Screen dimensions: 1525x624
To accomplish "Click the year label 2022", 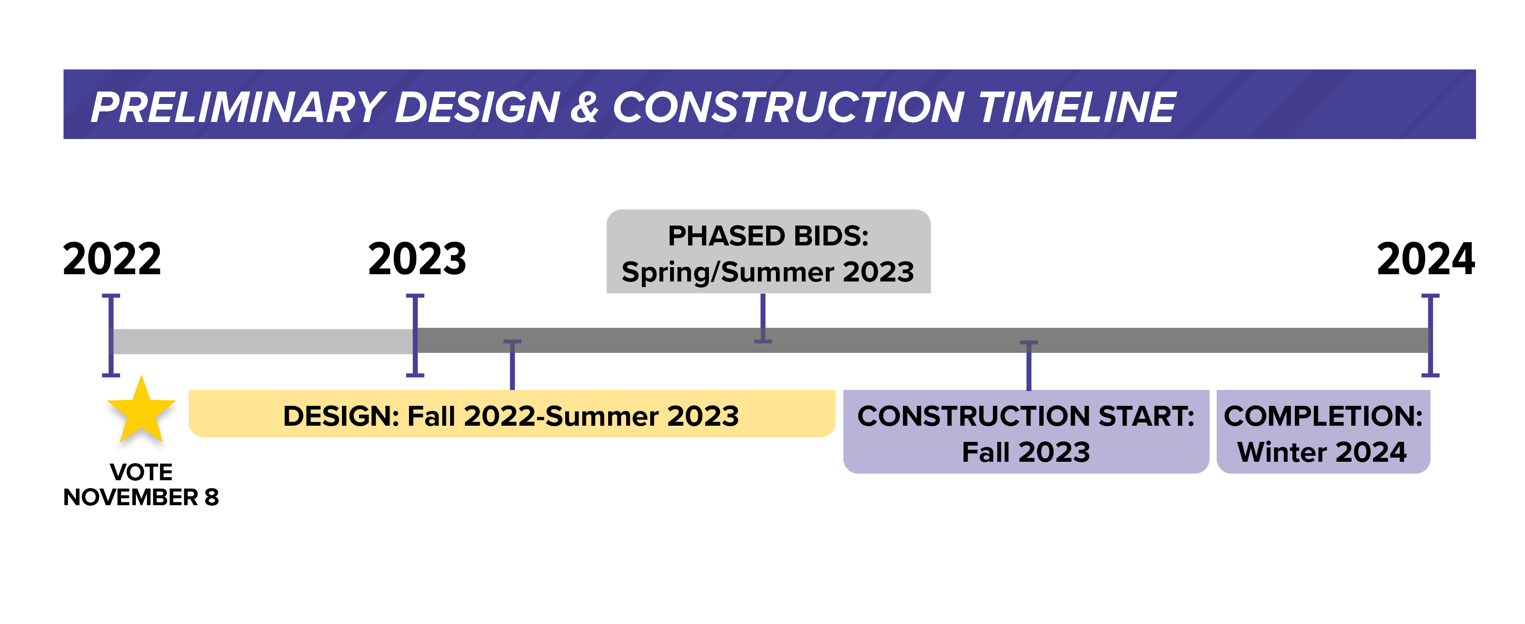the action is point(112,259).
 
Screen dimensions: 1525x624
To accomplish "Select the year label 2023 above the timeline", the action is point(417,259).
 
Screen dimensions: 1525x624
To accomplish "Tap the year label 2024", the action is point(1426,259).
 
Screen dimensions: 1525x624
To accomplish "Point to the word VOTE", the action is point(141,472).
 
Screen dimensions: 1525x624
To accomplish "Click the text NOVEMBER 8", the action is point(141,497).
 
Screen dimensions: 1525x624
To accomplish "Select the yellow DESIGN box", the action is point(512,413).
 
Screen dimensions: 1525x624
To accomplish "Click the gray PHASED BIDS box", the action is point(769,251).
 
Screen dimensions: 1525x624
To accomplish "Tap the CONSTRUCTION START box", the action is point(1026,432).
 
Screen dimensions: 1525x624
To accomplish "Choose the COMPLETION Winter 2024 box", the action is point(1323,432).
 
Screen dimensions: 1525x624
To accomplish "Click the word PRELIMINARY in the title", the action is point(238,107).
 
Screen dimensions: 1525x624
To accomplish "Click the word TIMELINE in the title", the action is point(1077,107).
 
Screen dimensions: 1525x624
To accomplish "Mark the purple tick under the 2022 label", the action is point(111,335).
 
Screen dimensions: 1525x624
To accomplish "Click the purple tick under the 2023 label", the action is point(415,335).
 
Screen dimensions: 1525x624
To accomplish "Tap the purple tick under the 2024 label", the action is point(1430,335).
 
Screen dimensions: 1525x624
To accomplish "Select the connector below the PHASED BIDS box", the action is point(762,318).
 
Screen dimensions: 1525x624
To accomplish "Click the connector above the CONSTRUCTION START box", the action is point(1029,365).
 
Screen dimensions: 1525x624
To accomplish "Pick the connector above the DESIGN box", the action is point(512,365).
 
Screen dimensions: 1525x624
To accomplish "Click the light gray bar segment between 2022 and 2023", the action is point(263,342).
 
